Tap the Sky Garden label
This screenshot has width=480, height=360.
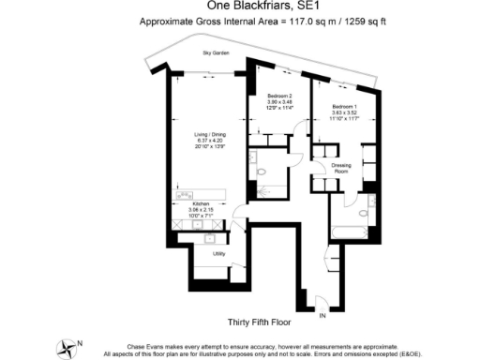pos(216,53)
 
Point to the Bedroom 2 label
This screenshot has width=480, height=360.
pos(280,97)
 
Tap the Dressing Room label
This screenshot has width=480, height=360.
pos(341,169)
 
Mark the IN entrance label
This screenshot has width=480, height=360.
pos(324,318)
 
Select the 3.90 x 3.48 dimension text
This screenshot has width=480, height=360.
pos(280,103)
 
